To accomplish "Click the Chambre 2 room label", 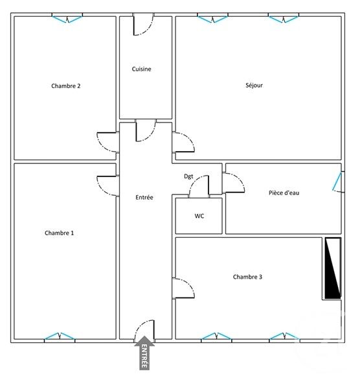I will click(65, 86).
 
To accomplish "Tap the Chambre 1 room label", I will click(59, 233).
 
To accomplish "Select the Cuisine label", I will click(142, 69).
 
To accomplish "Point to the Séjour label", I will click(254, 85).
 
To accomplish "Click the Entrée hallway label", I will click(144, 197).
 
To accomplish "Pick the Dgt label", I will click(188, 176).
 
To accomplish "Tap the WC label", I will click(199, 216).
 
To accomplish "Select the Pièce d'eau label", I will click(284, 192).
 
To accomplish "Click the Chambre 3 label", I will click(247, 277).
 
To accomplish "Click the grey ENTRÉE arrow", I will click(144, 354).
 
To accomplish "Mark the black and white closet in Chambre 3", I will click(332, 268).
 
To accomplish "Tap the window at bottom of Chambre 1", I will click(60, 336).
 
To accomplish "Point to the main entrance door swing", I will click(144, 329).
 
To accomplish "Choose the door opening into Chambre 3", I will click(184, 287).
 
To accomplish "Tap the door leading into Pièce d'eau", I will click(234, 183).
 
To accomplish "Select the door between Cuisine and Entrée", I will click(146, 130).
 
